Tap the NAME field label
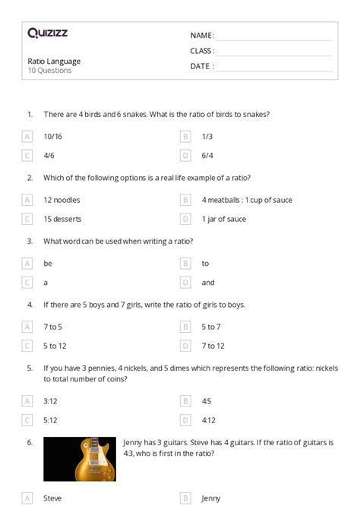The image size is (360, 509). tap(201, 36)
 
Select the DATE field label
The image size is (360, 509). tap(201, 66)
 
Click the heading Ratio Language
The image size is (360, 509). tap(54, 62)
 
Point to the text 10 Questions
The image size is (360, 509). tap(49, 71)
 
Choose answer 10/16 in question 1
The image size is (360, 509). tap(53, 137)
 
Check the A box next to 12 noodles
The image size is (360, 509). tap(27, 200)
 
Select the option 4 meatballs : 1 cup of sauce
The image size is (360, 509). tap(246, 200)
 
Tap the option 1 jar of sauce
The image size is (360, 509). tap(223, 219)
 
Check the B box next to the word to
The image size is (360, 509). tap(185, 264)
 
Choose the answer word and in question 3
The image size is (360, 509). tap(207, 283)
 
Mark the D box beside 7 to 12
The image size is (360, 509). tap(185, 346)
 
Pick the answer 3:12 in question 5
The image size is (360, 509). tap(52, 400)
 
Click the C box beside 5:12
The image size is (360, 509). tap(27, 419)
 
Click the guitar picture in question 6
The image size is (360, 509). tap(80, 459)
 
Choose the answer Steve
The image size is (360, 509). tap(53, 498)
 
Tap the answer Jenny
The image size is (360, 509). tap(210, 498)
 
